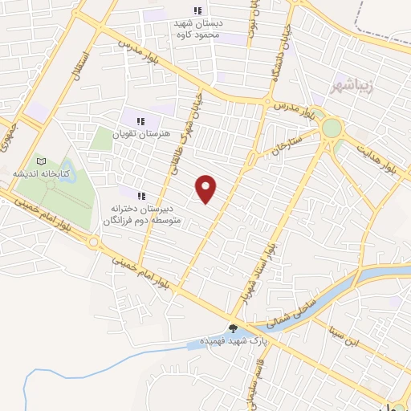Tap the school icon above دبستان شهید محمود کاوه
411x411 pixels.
[197, 10]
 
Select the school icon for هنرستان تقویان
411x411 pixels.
[140, 121]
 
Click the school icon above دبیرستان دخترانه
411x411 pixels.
[141, 196]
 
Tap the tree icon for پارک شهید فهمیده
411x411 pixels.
[233, 328]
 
